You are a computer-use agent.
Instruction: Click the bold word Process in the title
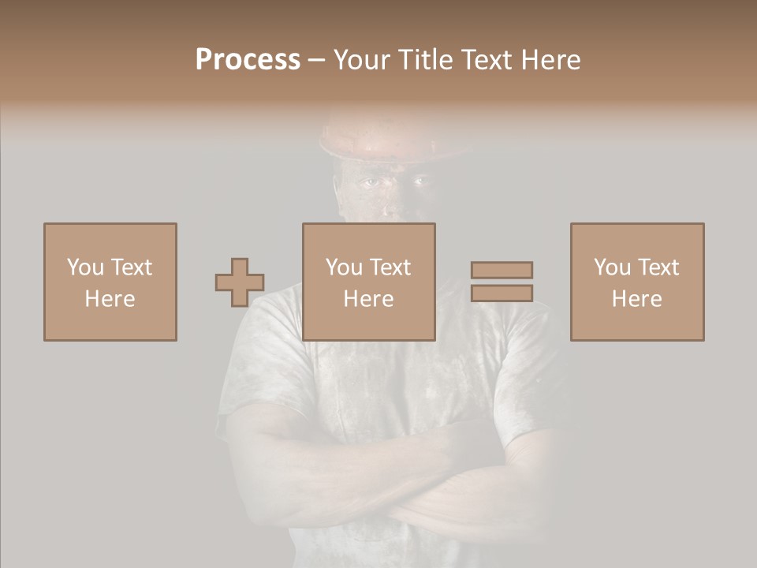[x=248, y=60]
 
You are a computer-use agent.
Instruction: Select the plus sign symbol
[x=240, y=282]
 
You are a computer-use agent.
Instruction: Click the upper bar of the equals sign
[x=502, y=270]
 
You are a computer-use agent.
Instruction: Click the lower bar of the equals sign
[x=502, y=293]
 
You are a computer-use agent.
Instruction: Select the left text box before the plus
[x=110, y=282]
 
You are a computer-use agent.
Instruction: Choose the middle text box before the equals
[x=369, y=282]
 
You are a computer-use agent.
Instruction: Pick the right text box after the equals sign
[x=637, y=282]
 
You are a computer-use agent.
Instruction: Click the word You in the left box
[x=84, y=267]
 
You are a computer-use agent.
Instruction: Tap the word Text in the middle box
[x=390, y=267]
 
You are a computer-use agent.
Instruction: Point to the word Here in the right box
[x=637, y=299]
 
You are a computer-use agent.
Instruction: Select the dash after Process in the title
[x=317, y=60]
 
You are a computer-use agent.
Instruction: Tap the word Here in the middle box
[x=369, y=299]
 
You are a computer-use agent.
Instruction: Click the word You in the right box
[x=611, y=267]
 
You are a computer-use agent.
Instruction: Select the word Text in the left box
[x=132, y=267]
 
